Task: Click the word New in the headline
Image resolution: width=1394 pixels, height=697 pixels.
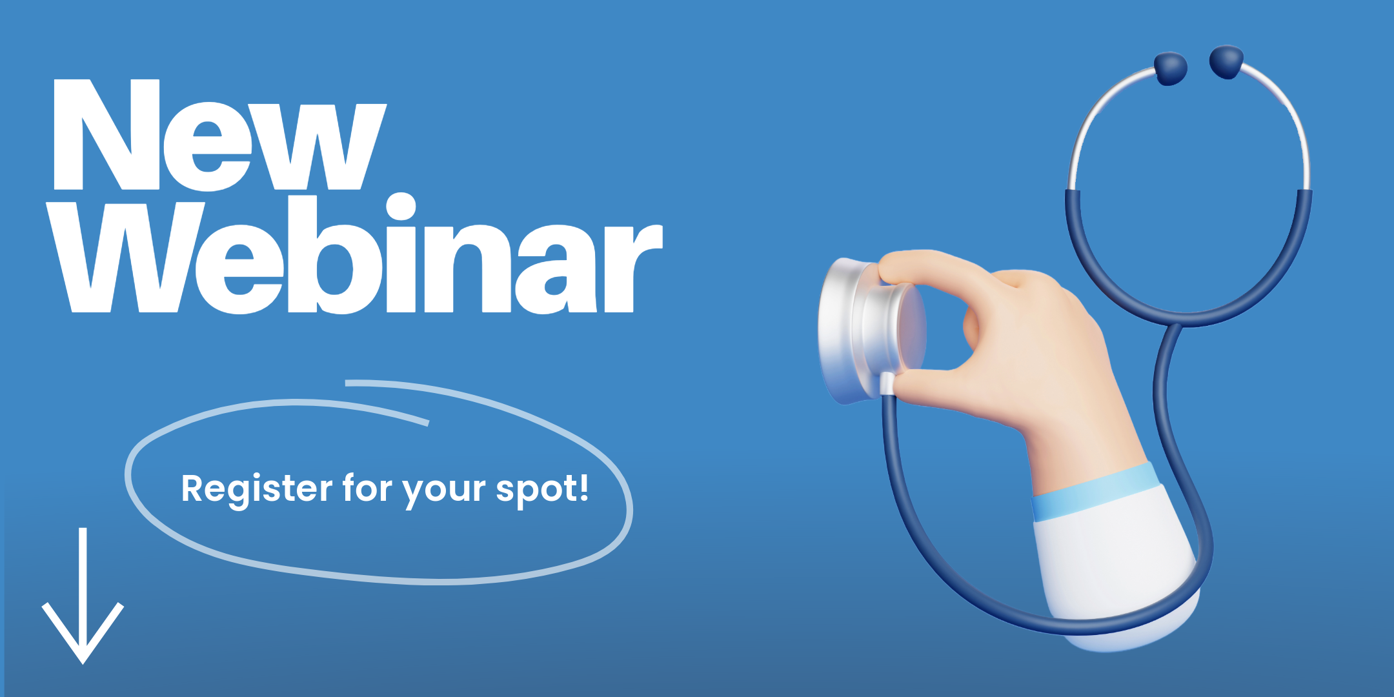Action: pyautogui.click(x=220, y=135)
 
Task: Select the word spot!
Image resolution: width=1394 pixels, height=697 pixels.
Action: pyautogui.click(x=542, y=489)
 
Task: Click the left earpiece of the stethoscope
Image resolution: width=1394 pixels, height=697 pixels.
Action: pyautogui.click(x=1170, y=68)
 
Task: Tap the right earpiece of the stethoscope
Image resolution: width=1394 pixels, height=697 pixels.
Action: pyautogui.click(x=1226, y=62)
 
